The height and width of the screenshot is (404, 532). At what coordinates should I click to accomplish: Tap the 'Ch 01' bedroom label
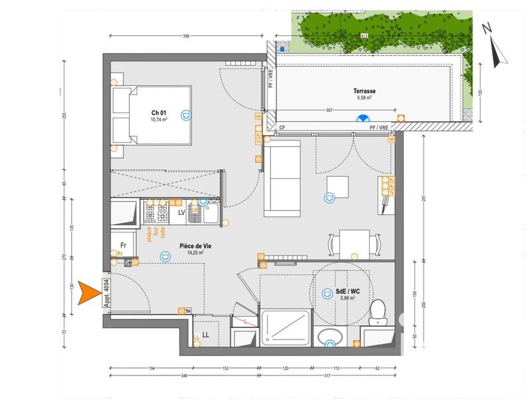[159, 112]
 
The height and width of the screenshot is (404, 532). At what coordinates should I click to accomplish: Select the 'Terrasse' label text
[364, 91]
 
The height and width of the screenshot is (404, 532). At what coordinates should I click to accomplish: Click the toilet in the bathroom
[378, 311]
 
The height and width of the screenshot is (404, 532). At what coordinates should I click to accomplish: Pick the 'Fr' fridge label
[123, 244]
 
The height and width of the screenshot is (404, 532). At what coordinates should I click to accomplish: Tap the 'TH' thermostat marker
[188, 310]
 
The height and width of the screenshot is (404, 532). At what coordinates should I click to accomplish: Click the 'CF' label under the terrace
[282, 127]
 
